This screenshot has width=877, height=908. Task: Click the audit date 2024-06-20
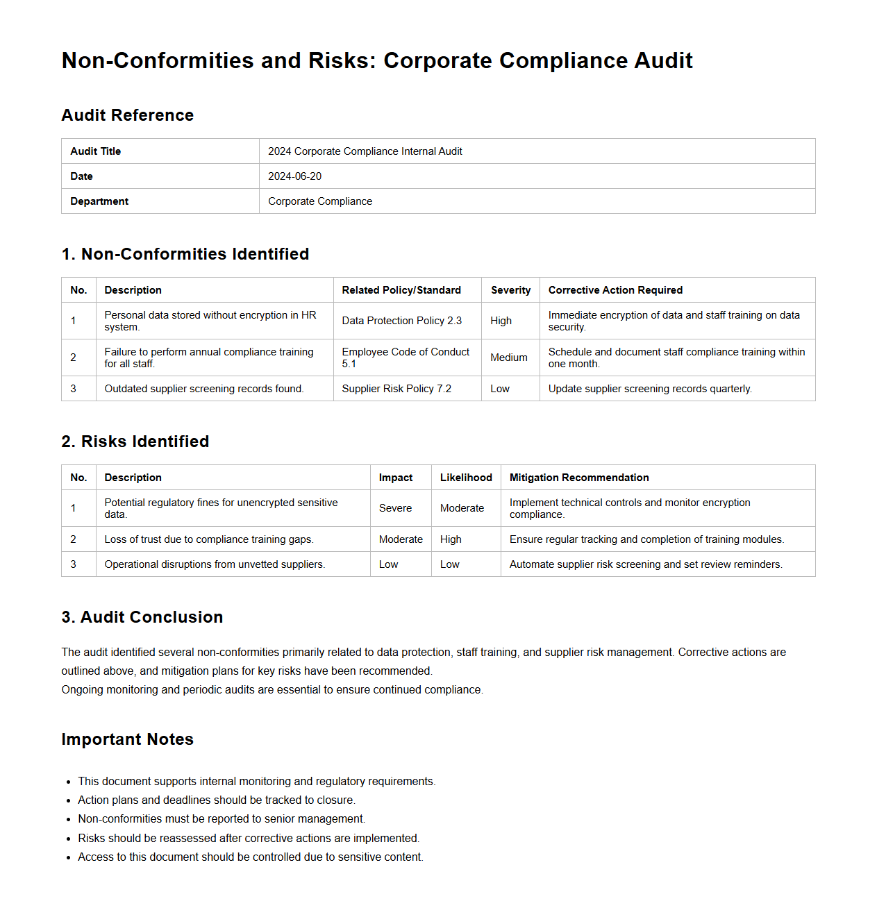(x=295, y=176)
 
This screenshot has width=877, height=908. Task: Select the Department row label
(x=99, y=201)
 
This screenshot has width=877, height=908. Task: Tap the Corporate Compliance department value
(x=320, y=201)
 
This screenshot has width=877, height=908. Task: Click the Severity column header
(x=510, y=290)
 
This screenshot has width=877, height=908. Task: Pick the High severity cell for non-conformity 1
(x=501, y=321)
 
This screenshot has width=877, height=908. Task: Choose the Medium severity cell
(x=509, y=358)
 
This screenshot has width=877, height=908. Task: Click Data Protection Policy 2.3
(x=401, y=321)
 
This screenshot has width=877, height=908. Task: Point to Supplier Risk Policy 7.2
(x=396, y=389)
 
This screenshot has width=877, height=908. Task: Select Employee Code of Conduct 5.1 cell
(x=406, y=358)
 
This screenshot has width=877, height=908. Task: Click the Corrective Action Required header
(x=615, y=290)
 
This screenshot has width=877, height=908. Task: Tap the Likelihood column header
(x=466, y=478)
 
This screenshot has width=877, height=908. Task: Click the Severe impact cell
(x=395, y=508)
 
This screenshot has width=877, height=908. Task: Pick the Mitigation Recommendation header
(x=579, y=478)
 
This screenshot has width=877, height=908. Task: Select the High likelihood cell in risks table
(x=451, y=539)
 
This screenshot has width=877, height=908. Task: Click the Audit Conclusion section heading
(x=142, y=617)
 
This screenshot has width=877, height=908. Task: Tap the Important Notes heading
(x=127, y=739)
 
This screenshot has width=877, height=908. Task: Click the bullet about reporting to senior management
(x=222, y=819)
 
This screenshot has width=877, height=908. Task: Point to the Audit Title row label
(x=96, y=151)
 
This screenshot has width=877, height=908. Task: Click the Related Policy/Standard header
(x=401, y=290)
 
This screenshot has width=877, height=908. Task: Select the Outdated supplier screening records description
(x=204, y=389)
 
